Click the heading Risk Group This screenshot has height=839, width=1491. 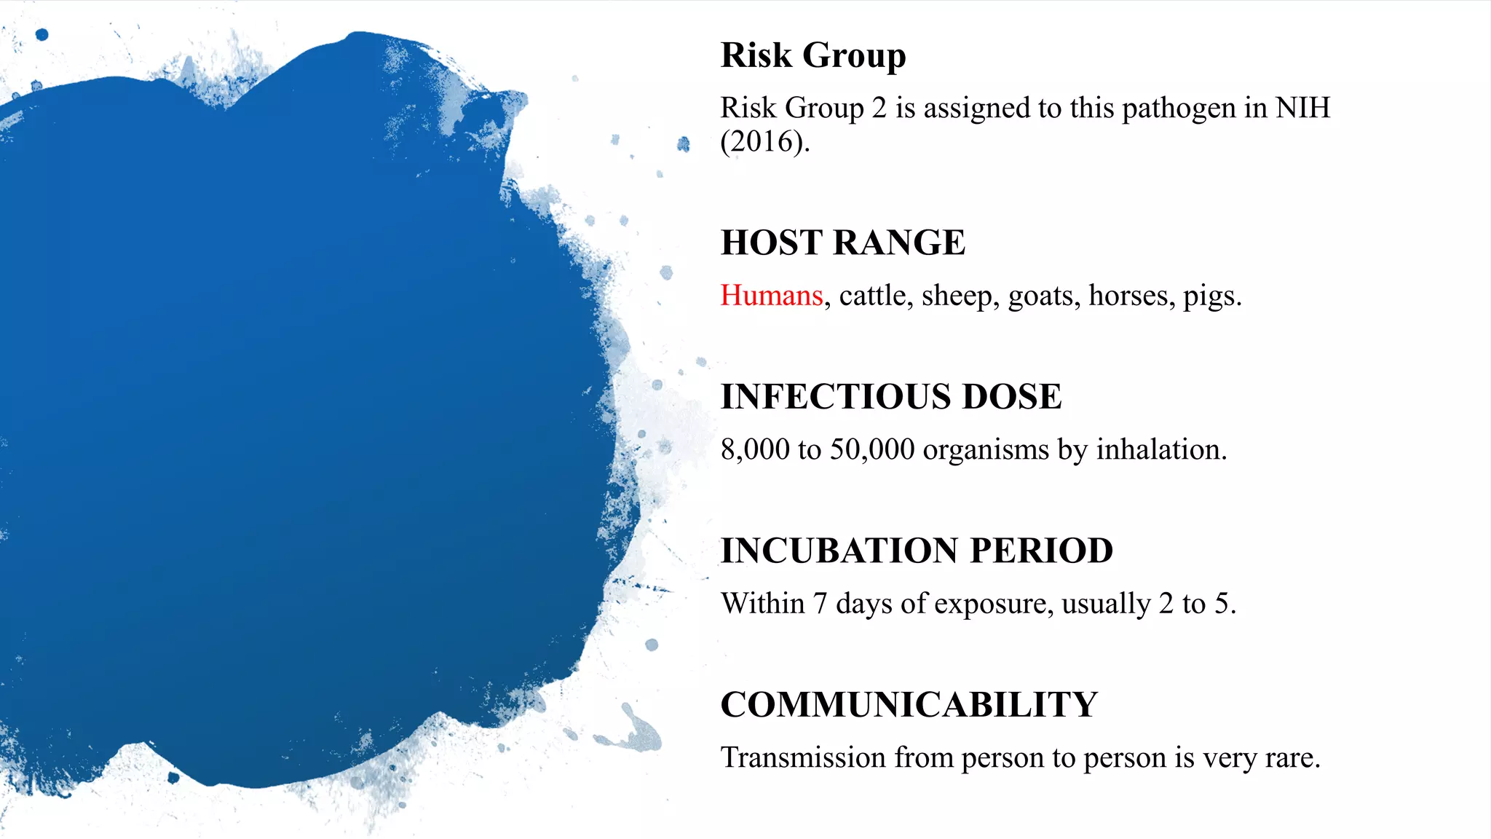point(812,55)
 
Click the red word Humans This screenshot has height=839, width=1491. point(771,296)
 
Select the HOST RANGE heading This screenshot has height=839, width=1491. point(842,243)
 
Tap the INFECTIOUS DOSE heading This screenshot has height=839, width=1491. point(890,397)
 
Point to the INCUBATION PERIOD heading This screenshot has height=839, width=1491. point(917,551)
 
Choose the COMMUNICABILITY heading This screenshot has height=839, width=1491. point(909,705)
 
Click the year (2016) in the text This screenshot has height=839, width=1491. point(764,141)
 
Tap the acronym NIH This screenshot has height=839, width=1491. point(1302,108)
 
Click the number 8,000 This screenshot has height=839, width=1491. point(755,450)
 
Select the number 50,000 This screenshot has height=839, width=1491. point(872,450)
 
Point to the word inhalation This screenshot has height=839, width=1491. point(1160,450)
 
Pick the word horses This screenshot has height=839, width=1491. point(1131,296)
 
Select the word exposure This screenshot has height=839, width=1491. point(993,604)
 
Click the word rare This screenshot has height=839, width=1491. point(1292,759)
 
